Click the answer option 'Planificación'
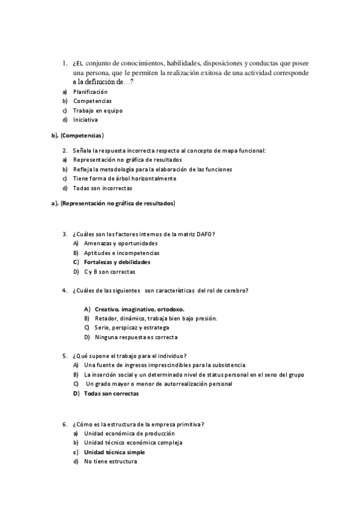90,91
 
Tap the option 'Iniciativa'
85,120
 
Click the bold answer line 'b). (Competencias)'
78,135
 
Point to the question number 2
64,150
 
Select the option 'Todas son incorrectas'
102,188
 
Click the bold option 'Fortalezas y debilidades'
117,262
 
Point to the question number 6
64,424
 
